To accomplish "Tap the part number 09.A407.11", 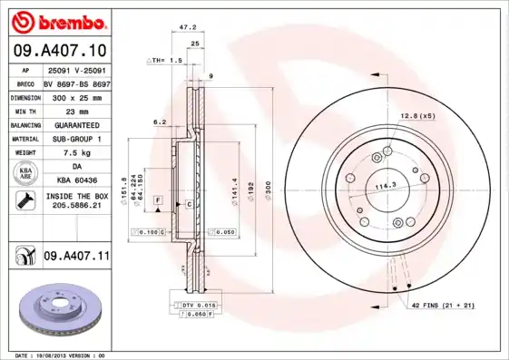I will click(76, 258).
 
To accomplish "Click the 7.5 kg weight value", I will click(76, 153).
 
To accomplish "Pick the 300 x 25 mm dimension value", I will click(76, 97).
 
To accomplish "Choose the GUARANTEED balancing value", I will click(76, 125).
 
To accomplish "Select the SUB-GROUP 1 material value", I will click(76, 139).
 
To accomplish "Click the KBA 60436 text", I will click(76, 180).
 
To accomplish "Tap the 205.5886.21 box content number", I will click(76, 207).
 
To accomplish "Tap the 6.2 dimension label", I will click(160, 121).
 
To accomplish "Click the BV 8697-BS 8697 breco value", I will click(76, 83).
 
